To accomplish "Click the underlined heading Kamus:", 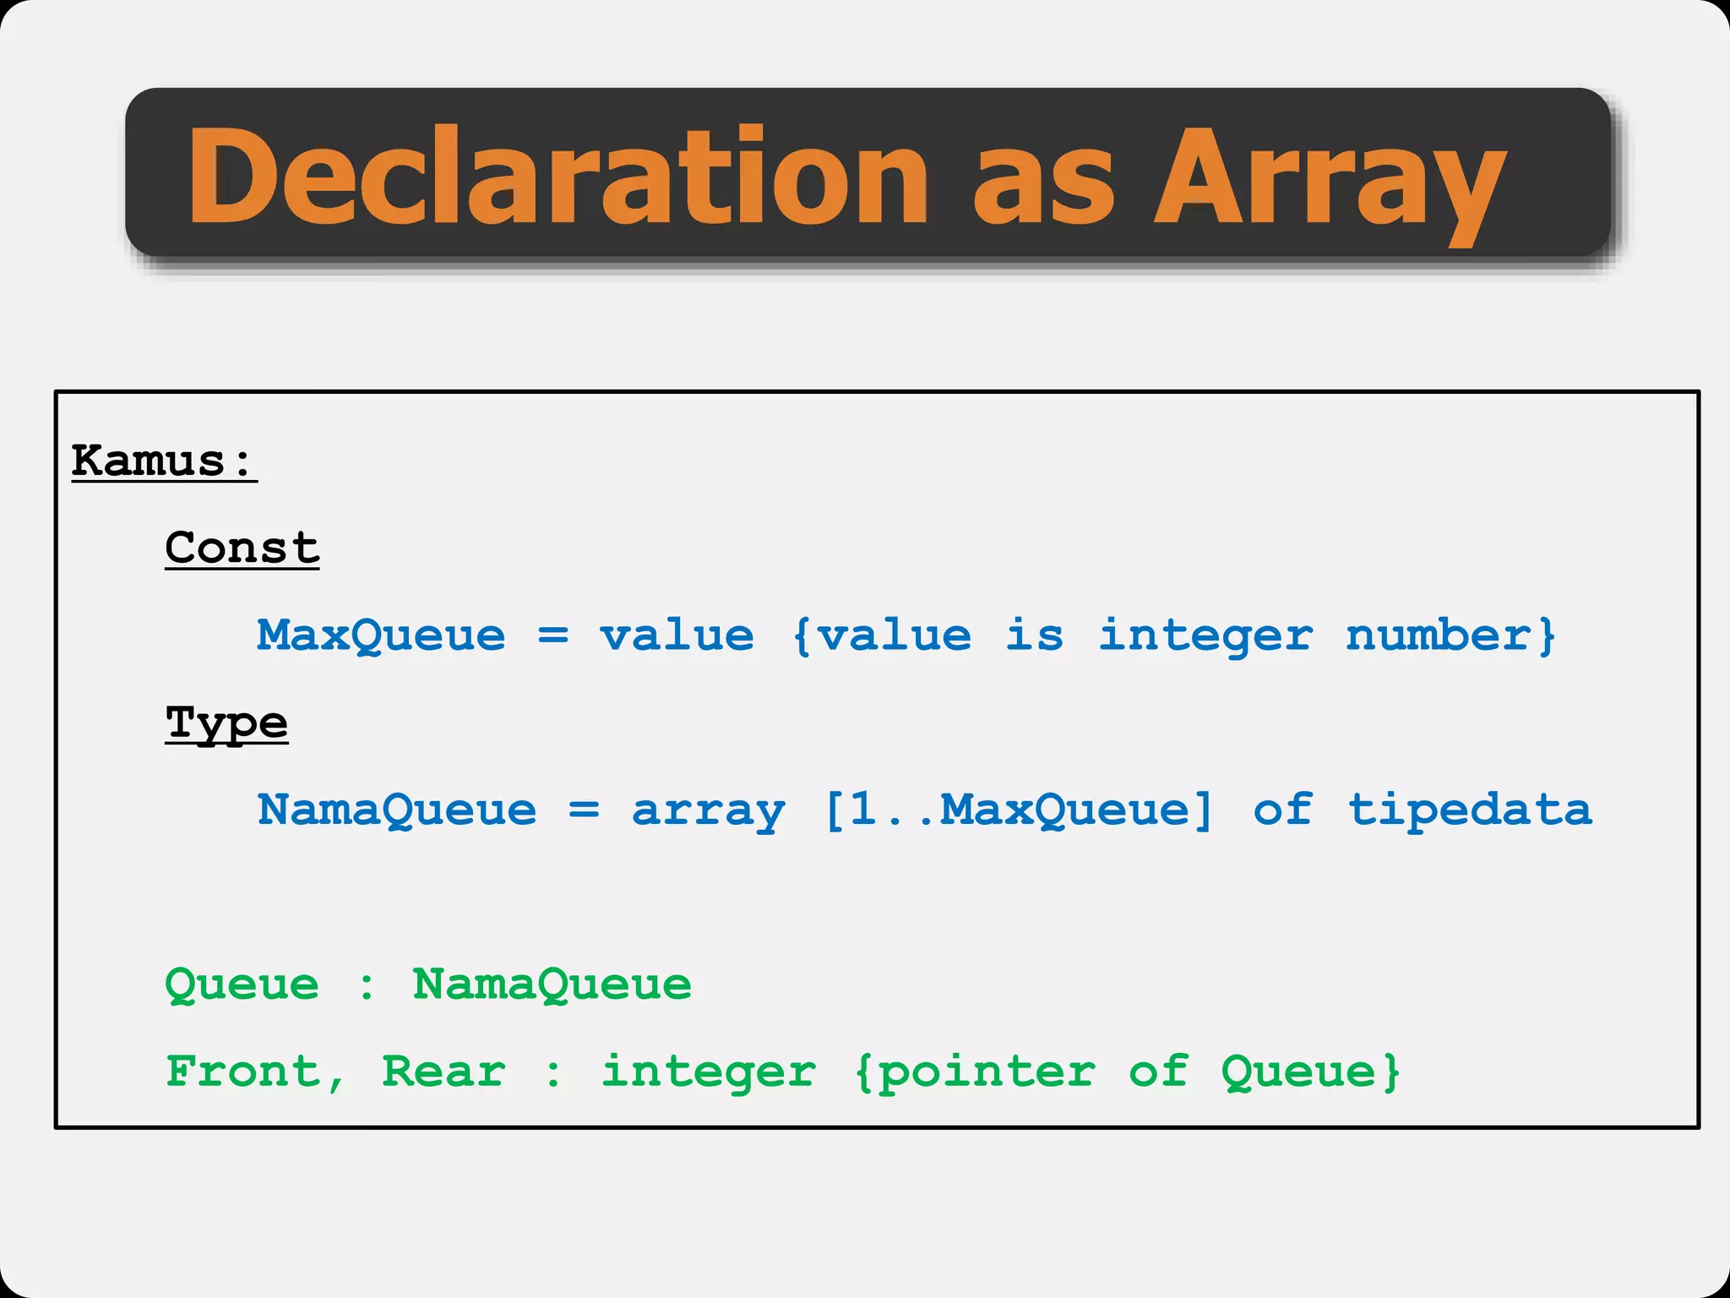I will point(163,461).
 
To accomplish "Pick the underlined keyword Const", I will point(242,548).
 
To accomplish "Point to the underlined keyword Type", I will point(226,724).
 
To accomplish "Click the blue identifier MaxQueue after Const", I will point(381,635).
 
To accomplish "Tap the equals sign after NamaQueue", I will point(584,810).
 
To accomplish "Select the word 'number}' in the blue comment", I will point(1450,635).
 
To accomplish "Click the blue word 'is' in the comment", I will point(1034,635).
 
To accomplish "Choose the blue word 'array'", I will point(708,811).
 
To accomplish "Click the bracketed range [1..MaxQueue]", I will point(1018,810).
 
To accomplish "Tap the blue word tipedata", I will point(1469,810).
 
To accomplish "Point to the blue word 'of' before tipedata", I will point(1282,810).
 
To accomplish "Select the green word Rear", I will point(443,1072).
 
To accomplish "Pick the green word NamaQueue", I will point(552,984).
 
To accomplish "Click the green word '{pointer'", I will point(975,1073).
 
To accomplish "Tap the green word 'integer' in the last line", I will point(708,1073).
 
